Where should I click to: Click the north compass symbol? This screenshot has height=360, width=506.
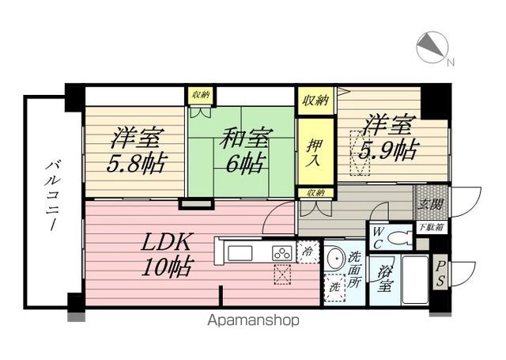coord(432,47)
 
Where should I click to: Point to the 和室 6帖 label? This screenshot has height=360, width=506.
coord(246,150)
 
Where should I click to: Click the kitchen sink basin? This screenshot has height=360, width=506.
coord(240,253)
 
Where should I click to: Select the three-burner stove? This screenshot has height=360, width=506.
coord(283,253)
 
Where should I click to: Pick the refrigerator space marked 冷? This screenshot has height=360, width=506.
coord(308,252)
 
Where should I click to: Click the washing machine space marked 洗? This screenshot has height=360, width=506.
coord(335,287)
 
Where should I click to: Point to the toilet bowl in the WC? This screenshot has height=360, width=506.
coord(400,239)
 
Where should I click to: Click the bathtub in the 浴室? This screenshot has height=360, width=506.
coord(414,279)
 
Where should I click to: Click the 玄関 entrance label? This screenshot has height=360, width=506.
coord(430,203)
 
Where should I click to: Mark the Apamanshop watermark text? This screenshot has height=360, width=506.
coord(253,320)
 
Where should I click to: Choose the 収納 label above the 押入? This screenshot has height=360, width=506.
coord(315,100)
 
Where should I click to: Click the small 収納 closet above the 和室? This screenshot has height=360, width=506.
coord(201,95)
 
